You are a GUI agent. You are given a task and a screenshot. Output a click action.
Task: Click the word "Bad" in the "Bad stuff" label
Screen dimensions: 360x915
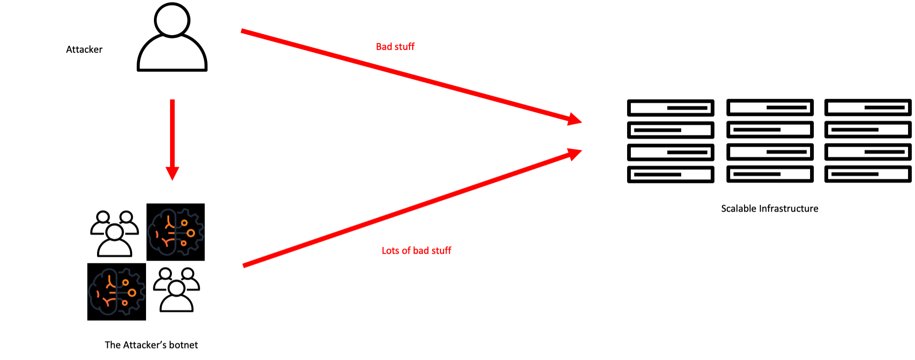(384, 47)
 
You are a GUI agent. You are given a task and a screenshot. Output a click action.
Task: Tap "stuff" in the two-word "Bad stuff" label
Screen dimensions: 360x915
(404, 47)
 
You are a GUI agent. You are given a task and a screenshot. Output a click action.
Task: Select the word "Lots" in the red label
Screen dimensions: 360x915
(390, 250)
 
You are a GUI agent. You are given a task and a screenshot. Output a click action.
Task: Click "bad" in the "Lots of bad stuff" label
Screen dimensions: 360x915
(421, 250)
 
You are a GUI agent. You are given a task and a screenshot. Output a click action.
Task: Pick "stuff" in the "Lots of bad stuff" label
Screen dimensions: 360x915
(441, 250)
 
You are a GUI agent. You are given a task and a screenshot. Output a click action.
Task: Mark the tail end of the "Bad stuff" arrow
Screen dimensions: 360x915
(243, 31)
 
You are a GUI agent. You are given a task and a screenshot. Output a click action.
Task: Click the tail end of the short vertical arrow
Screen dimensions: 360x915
(172, 101)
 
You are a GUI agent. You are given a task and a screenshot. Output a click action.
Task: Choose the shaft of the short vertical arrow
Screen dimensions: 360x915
(172, 134)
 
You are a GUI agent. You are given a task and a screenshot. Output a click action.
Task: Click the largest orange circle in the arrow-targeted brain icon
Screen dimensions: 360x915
(190, 233)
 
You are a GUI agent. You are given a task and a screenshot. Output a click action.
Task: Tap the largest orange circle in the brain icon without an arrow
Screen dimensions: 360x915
(132, 293)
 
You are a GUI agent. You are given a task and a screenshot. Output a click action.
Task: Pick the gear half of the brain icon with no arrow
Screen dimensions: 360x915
(131, 292)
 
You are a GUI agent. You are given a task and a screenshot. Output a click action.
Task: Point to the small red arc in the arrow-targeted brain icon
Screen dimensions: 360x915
(157, 235)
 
